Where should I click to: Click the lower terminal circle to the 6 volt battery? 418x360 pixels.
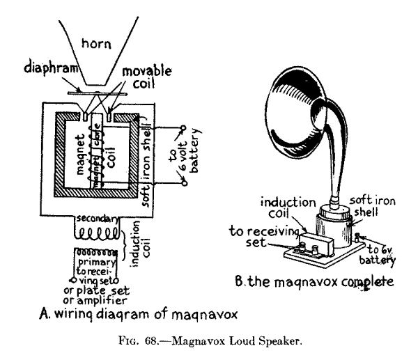(x=185, y=183)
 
